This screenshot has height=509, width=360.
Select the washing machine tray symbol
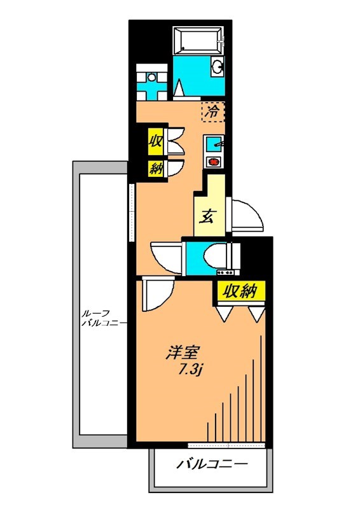coord(151,83)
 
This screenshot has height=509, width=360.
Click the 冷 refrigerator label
coord(213,112)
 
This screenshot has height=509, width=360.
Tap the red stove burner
coord(214,161)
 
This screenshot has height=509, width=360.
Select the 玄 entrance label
coord(208,217)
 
